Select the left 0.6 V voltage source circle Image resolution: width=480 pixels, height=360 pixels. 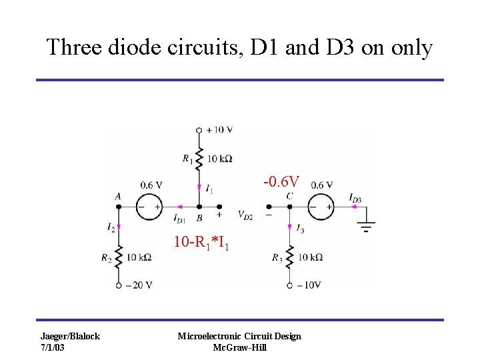coord(149,207)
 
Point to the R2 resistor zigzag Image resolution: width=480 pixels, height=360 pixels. coord(118,257)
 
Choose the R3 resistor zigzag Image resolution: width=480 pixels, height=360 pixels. coord(289,257)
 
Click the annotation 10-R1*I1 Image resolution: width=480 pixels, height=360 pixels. coord(201,242)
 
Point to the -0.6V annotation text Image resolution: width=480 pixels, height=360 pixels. coord(281,181)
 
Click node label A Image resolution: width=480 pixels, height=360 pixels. coord(117,196)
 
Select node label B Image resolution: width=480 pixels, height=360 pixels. coord(199,217)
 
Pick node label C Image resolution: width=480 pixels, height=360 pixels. coord(289,196)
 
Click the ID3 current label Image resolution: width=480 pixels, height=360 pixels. coord(355,197)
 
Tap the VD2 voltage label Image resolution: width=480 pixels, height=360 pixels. coord(245,215)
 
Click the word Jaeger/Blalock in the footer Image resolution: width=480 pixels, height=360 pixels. coord(70,336)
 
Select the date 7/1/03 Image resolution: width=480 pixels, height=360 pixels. coord(54,347)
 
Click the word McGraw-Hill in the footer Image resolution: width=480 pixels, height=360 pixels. coord(239,347)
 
